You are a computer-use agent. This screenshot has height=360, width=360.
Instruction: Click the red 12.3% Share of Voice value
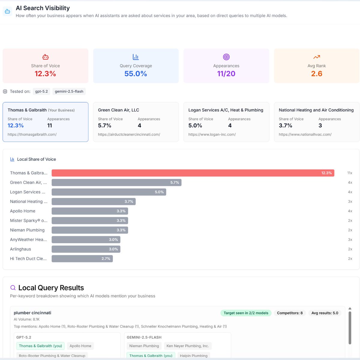(45, 74)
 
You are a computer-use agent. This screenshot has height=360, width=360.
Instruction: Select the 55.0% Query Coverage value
(136, 74)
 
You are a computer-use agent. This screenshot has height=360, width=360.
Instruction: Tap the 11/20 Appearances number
(226, 74)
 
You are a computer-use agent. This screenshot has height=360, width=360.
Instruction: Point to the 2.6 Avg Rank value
(316, 74)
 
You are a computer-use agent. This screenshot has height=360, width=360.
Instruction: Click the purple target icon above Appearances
(226, 57)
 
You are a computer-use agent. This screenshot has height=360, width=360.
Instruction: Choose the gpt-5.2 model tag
(41, 91)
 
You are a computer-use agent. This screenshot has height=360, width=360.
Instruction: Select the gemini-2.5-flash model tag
(69, 91)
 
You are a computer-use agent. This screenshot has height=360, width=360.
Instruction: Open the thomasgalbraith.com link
(32, 134)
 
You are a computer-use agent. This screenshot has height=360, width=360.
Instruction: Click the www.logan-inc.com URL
(212, 134)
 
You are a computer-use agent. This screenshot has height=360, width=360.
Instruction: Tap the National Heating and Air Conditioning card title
(316, 110)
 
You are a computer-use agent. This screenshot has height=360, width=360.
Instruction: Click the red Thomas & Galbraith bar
(193, 173)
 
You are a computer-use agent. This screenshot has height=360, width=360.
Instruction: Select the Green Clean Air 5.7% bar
(116, 182)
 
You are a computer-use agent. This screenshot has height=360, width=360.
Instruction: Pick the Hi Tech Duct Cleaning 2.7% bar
(82, 259)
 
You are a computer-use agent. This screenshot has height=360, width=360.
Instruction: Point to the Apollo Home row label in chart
(23, 211)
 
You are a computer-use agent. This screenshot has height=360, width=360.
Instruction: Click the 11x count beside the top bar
(349, 173)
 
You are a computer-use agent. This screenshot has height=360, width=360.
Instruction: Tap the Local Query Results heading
(51, 288)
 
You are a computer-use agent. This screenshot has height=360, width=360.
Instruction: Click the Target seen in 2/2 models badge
(246, 313)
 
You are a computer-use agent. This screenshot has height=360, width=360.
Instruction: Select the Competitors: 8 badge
(289, 313)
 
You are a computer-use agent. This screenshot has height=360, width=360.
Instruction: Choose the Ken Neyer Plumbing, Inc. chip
(187, 346)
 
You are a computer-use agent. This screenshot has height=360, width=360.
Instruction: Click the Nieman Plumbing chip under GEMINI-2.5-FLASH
(144, 346)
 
